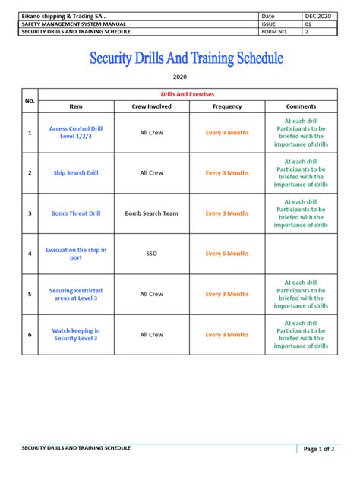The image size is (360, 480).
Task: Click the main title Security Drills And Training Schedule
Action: [x=186, y=58]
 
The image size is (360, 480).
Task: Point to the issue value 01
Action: [x=309, y=24]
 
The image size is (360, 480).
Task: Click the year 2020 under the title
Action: [x=180, y=77]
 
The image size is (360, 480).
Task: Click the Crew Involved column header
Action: [x=151, y=106]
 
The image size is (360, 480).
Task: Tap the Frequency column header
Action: [x=227, y=106]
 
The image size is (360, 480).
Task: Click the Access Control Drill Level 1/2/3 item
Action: [x=76, y=132]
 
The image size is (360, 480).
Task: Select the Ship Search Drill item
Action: [x=76, y=172]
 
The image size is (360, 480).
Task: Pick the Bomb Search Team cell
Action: [x=151, y=213]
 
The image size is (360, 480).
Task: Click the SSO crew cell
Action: [x=151, y=254]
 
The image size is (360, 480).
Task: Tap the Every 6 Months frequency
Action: [x=227, y=254]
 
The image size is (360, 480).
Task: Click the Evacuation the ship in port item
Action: [x=76, y=254]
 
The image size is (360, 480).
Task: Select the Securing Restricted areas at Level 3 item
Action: [x=76, y=294]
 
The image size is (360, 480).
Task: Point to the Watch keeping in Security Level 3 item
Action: [x=76, y=334]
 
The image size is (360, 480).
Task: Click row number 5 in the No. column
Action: [x=30, y=294]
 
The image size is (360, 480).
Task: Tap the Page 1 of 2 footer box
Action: [x=319, y=449]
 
